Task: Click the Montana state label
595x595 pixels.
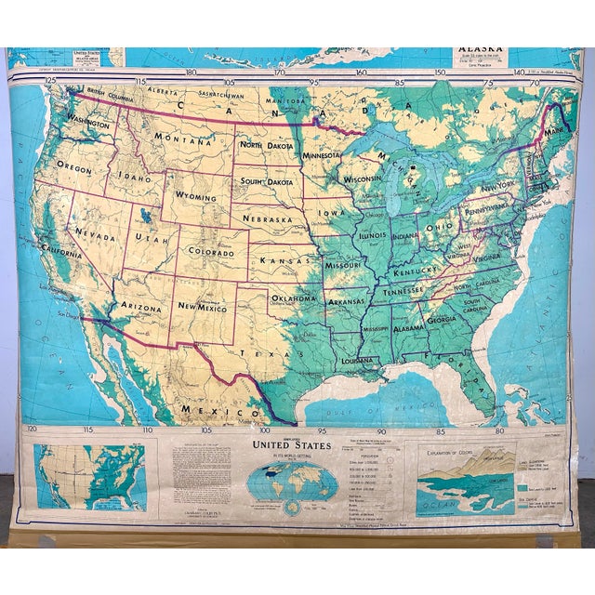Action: (180, 139)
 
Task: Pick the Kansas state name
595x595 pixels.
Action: (284, 263)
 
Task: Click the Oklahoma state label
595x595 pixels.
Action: (294, 298)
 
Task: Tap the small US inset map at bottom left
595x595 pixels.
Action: (90, 477)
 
